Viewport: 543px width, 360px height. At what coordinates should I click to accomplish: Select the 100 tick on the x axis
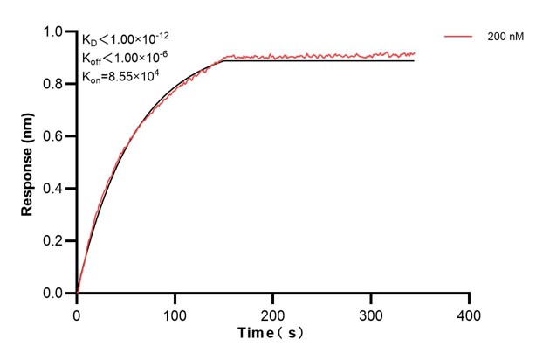tap(175, 313)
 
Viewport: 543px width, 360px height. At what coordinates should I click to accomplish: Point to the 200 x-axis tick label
tap(273, 313)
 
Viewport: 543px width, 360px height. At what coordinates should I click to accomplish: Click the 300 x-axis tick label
tap(371, 313)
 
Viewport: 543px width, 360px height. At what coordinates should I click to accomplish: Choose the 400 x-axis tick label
tap(470, 313)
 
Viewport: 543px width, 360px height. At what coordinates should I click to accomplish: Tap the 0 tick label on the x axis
tap(77, 313)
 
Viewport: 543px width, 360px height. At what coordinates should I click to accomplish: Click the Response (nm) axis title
tap(28, 163)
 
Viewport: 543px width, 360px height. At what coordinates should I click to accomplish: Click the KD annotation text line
tap(127, 40)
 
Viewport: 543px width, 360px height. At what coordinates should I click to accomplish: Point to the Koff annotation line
tap(127, 58)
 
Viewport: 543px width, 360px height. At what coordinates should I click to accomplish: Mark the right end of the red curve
tap(415, 53)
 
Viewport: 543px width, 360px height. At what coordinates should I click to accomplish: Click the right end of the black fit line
tap(415, 60)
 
